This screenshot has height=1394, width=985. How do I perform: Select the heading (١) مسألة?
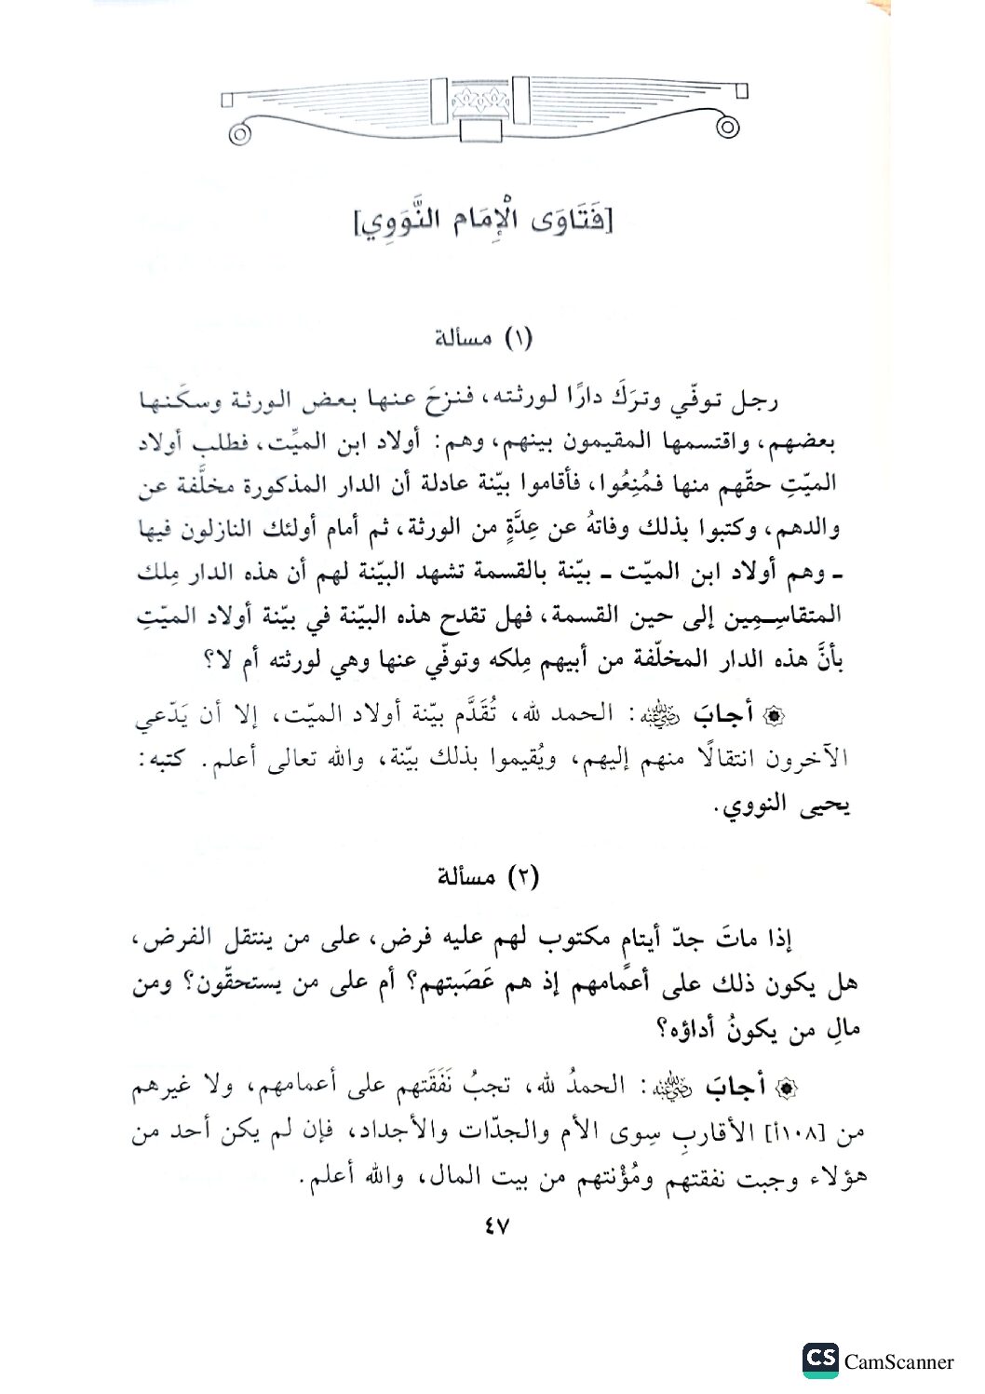click(484, 337)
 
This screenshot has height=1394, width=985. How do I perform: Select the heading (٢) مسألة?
click(487, 877)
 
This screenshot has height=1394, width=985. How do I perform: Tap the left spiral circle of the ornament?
click(241, 133)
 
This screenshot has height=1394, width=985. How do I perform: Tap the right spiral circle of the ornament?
click(729, 126)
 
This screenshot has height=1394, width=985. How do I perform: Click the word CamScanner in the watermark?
click(898, 1362)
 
